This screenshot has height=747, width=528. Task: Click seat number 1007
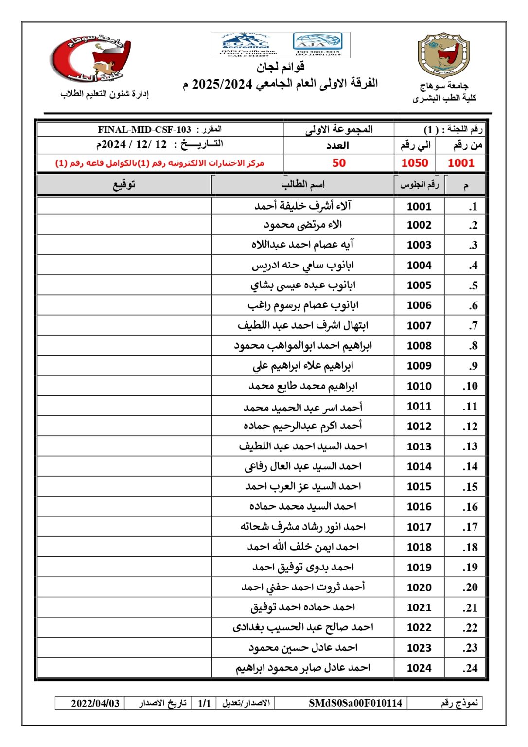point(419,325)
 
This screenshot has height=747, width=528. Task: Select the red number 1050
point(415,163)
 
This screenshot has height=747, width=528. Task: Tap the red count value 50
point(339,163)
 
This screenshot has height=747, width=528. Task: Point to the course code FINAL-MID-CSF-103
point(144,129)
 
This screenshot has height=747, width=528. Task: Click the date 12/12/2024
point(132,144)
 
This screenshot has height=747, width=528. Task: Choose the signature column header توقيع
point(124,184)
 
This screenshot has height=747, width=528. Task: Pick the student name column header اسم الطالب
point(302,184)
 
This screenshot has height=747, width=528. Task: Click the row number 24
point(470,668)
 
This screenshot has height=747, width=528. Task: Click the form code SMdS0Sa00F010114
point(355,703)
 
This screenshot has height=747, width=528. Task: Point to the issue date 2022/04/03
point(95,703)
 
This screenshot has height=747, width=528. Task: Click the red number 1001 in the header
point(460,163)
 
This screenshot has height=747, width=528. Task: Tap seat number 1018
point(419,547)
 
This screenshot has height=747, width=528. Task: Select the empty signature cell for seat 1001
point(124,206)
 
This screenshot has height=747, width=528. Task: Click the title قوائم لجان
point(281,67)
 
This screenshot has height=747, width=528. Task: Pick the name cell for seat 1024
point(302,668)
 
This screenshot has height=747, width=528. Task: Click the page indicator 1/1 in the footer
point(204,703)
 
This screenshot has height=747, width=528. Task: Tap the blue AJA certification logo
point(318,44)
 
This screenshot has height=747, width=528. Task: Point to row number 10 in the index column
point(470,386)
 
